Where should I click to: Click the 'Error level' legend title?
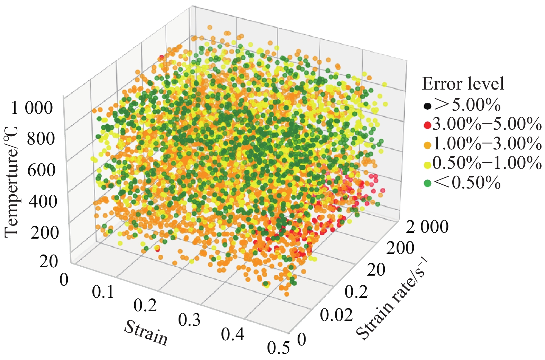[x=463, y=84]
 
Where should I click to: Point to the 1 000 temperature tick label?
[x=32, y=108]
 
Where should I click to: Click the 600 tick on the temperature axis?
[x=40, y=170]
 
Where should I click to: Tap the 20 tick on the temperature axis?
[x=48, y=262]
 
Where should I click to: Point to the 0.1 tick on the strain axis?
[x=103, y=292]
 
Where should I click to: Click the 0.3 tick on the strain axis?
[x=189, y=320]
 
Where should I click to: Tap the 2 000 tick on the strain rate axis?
[x=427, y=228]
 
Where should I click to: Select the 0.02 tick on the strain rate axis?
[x=336, y=315]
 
